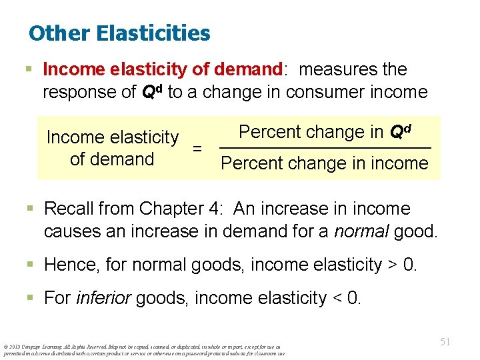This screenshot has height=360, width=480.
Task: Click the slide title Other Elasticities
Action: (119, 33)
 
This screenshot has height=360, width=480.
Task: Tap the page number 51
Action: (445, 341)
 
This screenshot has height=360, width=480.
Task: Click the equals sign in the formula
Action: (197, 148)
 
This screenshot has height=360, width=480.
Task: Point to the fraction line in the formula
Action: (325, 147)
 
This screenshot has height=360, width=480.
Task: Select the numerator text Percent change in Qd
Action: (325, 132)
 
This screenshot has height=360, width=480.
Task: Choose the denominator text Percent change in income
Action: (325, 163)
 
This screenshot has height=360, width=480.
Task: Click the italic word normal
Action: (365, 232)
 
